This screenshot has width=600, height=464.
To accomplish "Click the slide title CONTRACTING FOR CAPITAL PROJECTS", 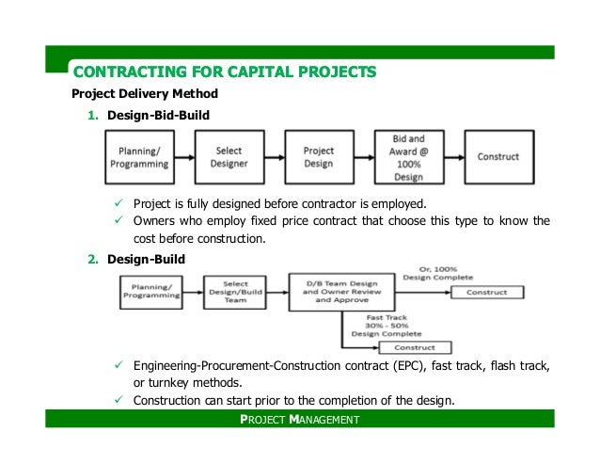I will pyautogui.click(x=225, y=72).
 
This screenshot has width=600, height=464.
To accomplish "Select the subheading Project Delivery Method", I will pyautogui.click(x=145, y=94).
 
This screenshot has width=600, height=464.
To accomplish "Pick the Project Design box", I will pyautogui.click(x=319, y=157).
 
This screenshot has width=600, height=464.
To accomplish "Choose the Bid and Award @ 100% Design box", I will pyautogui.click(x=408, y=157).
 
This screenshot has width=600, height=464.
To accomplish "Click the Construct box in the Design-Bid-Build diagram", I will pyautogui.click(x=498, y=157).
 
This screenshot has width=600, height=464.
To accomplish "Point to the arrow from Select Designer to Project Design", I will pyautogui.click(x=275, y=157).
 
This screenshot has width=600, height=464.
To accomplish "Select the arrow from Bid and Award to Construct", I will pyautogui.click(x=456, y=157).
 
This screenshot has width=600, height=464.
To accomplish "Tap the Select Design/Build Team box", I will pyautogui.click(x=236, y=292).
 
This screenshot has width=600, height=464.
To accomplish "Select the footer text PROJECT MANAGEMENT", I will pyautogui.click(x=299, y=419).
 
